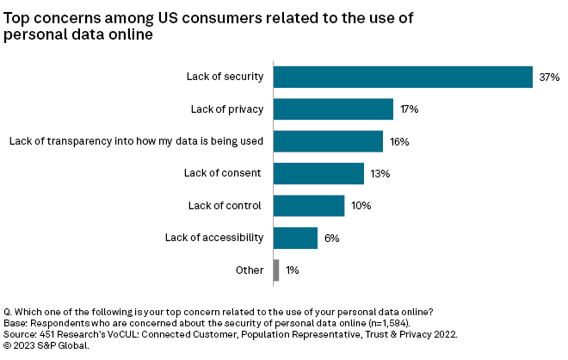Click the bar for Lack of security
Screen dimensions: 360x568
[x=403, y=77]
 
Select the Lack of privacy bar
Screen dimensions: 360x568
[x=333, y=109]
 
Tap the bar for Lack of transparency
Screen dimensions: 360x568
[x=328, y=141]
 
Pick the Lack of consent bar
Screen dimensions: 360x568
[x=318, y=173]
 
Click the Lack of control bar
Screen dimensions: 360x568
[x=309, y=205]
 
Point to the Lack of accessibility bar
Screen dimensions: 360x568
[x=295, y=238]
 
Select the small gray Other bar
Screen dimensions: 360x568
[x=276, y=270]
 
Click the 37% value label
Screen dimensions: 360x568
[x=549, y=78]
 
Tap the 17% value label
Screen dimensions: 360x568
[x=409, y=109]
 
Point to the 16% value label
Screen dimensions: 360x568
[x=398, y=141]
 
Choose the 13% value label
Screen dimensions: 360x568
[x=380, y=173]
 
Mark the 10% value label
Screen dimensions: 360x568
[x=361, y=206]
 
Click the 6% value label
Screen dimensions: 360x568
[x=331, y=238]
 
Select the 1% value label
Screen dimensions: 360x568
[x=293, y=270]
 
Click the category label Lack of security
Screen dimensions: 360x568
[x=225, y=78]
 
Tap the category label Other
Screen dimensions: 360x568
[x=250, y=270]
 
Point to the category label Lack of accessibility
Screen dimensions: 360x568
[x=214, y=238]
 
